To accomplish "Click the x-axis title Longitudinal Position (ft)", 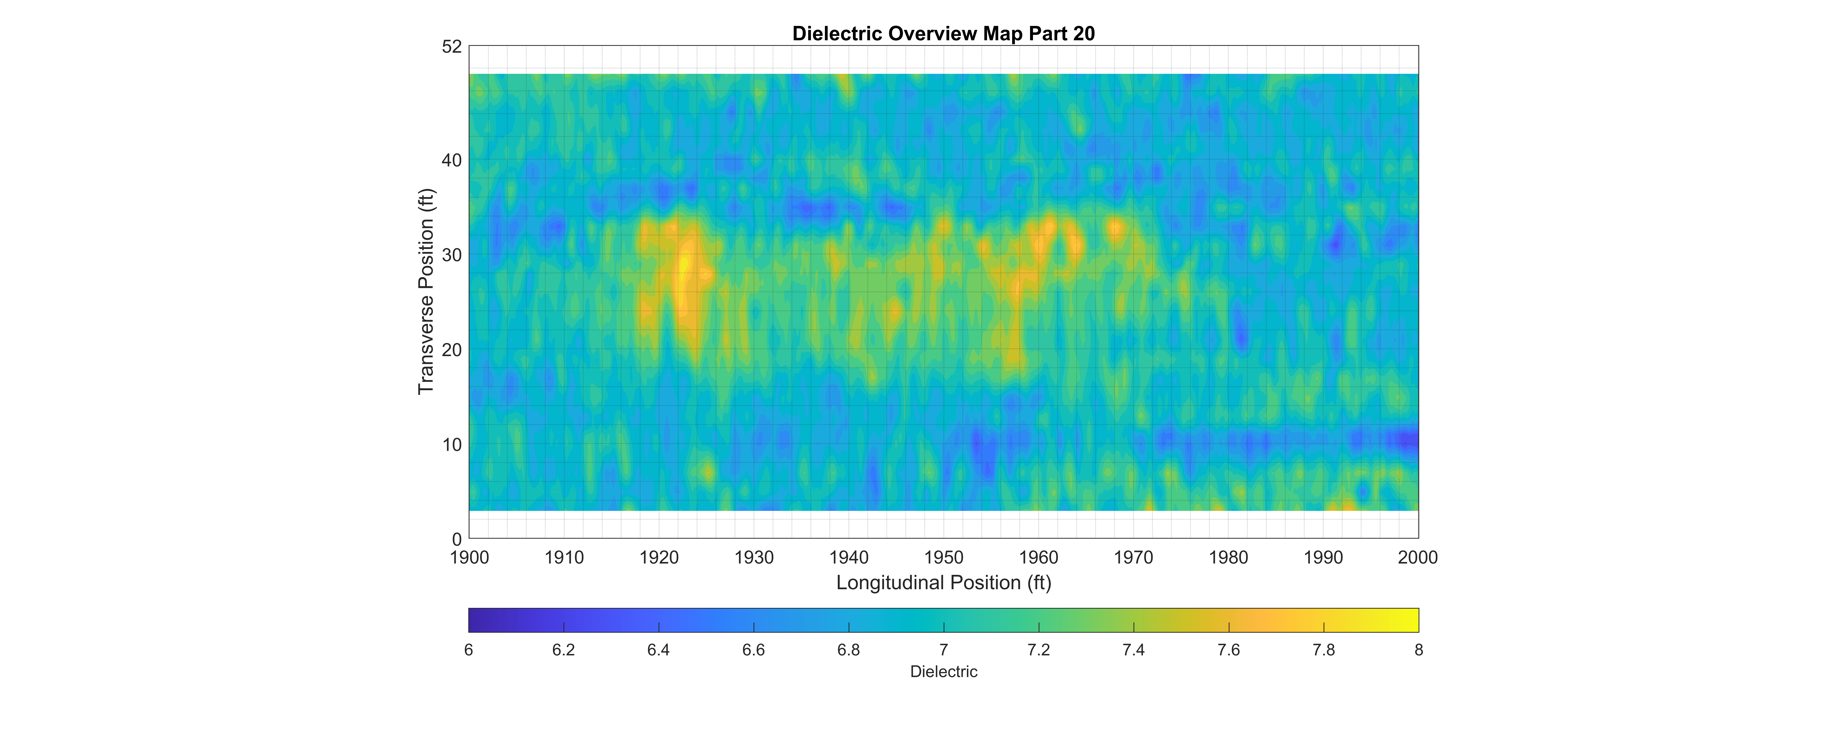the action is tap(943, 582).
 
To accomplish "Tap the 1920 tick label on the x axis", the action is tap(659, 558).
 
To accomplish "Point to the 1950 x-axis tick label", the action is tap(944, 558).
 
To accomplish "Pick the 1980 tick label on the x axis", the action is tap(1228, 558).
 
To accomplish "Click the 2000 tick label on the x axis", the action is tap(1418, 558).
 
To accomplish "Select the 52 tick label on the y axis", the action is tap(452, 47).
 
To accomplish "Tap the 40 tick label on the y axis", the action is tap(452, 161).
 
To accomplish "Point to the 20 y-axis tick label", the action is tap(452, 350).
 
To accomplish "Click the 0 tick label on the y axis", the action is tap(457, 539).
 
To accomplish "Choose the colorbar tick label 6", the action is tap(469, 650).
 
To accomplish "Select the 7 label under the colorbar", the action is tap(944, 650).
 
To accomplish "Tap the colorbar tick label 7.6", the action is tap(1228, 650).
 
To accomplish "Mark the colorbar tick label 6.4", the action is tap(658, 650).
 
